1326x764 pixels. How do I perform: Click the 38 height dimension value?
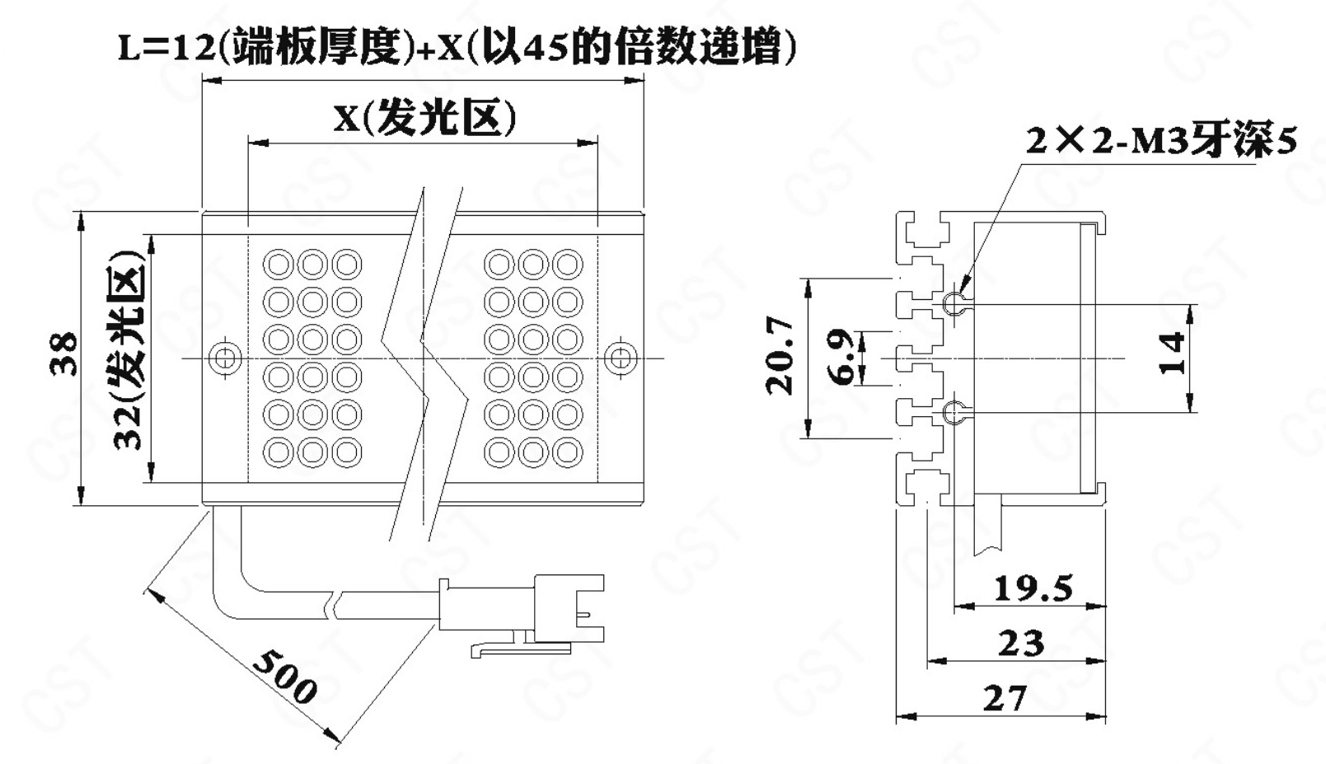coord(64,354)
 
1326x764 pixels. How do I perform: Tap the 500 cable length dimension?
coord(284,675)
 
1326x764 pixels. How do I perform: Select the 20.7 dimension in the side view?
coord(780,355)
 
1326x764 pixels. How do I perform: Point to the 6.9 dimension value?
coord(841,358)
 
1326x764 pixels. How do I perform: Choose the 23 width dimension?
coord(1020,643)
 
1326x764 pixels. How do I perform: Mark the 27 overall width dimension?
coord(1005,698)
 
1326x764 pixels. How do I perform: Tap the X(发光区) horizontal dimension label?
coord(424,118)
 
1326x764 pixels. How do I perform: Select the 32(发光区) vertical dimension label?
coord(129,350)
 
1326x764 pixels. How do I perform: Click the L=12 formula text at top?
coord(457,48)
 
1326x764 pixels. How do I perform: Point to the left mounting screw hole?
coord(223,358)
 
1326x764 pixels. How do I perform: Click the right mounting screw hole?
coord(620,358)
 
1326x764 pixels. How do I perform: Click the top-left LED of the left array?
coord(278,265)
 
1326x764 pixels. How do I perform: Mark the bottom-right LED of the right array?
coord(568,452)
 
